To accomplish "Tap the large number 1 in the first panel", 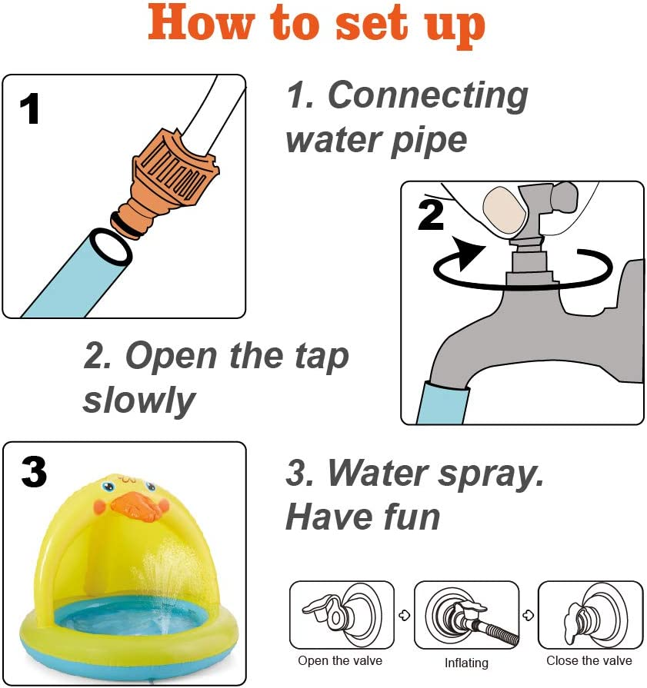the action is [30, 108].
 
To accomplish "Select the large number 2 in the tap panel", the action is [431, 214].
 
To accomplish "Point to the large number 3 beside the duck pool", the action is [33, 472].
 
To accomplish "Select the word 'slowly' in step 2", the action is [138, 400].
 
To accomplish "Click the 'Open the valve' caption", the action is [340, 660].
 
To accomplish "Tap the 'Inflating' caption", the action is [466, 663].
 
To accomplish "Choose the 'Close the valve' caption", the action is [589, 660].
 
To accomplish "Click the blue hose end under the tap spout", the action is [443, 402].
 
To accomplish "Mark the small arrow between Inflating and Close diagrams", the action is [529, 615].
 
